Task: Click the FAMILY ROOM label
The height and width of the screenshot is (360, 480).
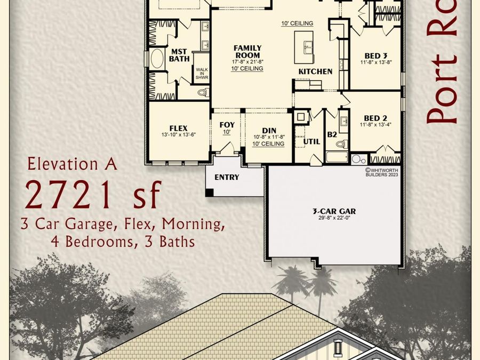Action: click(247, 52)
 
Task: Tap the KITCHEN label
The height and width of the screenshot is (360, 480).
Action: click(315, 71)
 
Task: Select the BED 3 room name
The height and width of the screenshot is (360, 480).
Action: click(375, 56)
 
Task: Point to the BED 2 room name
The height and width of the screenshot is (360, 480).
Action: click(375, 118)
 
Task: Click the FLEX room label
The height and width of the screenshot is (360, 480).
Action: click(178, 128)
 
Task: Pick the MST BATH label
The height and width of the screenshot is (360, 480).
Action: click(179, 55)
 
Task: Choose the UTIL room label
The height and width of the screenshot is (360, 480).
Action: click(311, 142)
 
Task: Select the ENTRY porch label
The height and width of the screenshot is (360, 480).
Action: click(227, 177)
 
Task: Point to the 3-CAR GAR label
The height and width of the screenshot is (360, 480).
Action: click(334, 211)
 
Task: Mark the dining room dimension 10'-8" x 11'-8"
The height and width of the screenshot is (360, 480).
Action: click(269, 137)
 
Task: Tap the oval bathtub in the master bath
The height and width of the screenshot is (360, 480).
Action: click(157, 59)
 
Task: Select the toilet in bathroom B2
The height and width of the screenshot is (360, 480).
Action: click(345, 143)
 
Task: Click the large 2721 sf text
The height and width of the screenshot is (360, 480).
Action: click(92, 195)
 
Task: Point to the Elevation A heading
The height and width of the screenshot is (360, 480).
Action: click(72, 163)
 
